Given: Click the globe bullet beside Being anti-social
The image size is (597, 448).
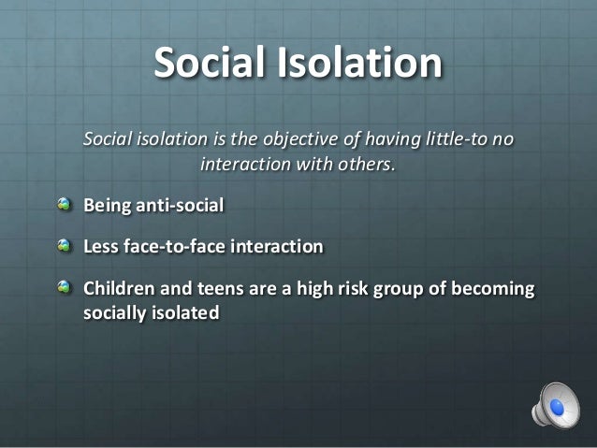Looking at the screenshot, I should coord(63,203).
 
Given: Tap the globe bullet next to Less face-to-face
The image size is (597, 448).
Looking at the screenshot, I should coord(63,246).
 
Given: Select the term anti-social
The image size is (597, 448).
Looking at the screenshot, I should coord(182,203).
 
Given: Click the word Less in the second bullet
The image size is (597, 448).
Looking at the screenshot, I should coord(101,246).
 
